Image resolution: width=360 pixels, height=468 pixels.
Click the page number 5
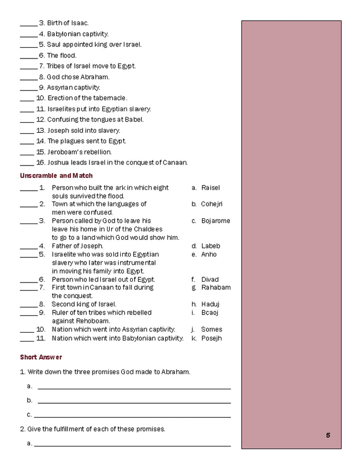tap(328, 435)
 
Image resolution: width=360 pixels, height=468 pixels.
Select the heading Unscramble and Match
tap(56, 175)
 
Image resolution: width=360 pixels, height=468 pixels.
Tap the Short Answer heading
tap(41, 357)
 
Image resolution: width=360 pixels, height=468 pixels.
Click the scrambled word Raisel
tap(210, 187)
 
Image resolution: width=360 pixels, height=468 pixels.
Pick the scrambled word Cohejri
tap(212, 204)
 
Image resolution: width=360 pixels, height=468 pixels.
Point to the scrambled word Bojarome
tap(215, 220)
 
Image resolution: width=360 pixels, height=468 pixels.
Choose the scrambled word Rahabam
tap(216, 287)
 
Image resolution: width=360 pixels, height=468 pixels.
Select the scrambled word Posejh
tap(211, 338)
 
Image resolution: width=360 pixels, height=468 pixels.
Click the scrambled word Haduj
tap(210, 304)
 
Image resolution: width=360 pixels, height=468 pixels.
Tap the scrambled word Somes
tap(211, 329)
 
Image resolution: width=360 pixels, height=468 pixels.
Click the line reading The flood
tap(61, 55)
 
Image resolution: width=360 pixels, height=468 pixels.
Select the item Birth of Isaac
tap(68, 23)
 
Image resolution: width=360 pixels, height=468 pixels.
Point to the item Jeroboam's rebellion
tap(80, 152)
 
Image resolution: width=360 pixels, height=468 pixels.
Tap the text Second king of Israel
tap(84, 304)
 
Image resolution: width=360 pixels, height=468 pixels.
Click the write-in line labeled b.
tap(134, 402)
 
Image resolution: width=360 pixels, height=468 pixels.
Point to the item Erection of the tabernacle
tap(87, 98)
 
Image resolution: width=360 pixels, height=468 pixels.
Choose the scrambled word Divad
tap(210, 279)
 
